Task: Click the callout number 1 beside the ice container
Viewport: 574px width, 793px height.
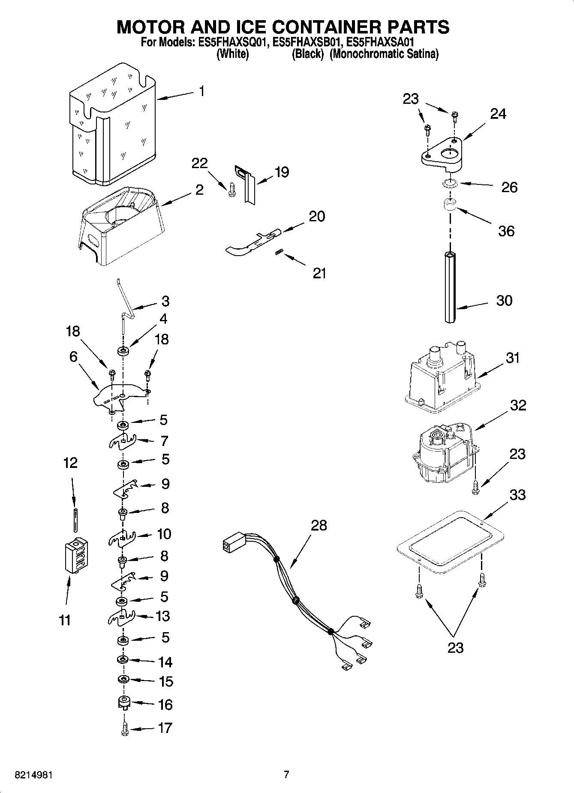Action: point(201,91)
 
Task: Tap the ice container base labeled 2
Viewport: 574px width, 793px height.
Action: point(120,227)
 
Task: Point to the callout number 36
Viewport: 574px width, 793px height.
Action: point(506,231)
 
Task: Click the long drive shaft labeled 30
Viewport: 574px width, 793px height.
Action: point(450,287)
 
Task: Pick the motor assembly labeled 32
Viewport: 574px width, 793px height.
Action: point(444,455)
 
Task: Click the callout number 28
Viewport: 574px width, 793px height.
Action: point(319,525)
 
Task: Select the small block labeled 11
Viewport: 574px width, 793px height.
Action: point(76,555)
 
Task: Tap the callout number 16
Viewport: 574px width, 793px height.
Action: point(165,704)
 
